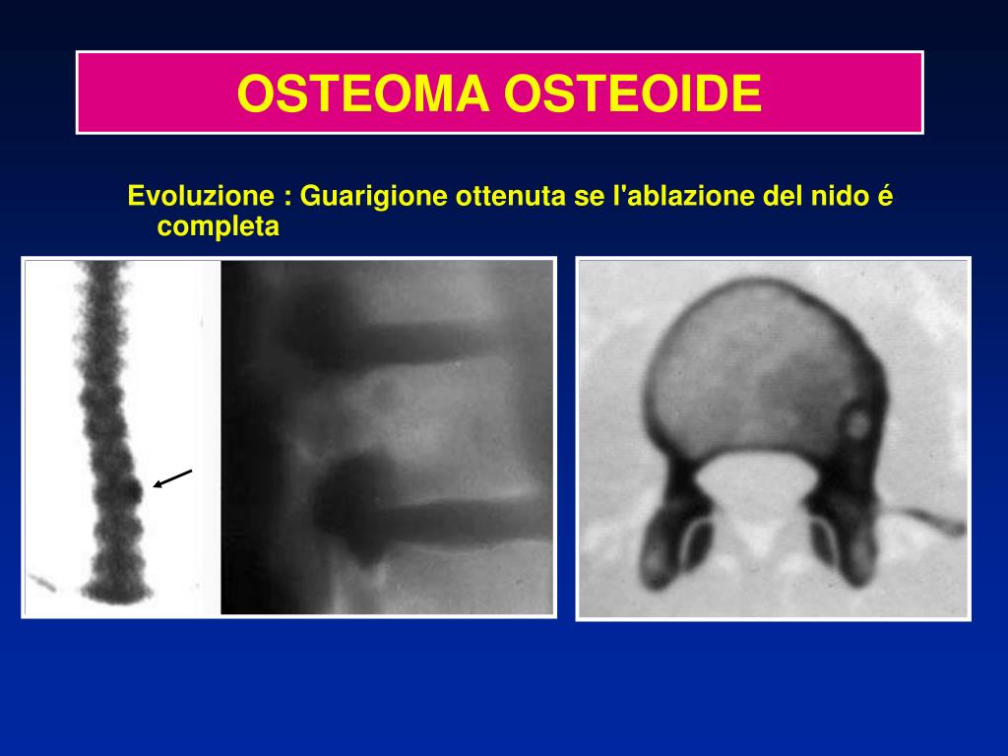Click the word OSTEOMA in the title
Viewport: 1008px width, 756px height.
coord(363,94)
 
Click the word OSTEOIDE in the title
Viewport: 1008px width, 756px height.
coord(633,94)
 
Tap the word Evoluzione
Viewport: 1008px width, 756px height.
coord(201,196)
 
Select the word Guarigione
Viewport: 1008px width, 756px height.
coord(373,197)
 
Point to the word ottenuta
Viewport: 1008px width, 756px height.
coord(512,196)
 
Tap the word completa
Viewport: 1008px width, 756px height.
coord(218,227)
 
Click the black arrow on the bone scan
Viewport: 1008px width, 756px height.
coord(172,478)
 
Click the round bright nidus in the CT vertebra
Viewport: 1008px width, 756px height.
coord(857,423)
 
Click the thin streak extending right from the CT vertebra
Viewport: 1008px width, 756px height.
coord(925,521)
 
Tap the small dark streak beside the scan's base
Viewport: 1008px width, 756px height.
coord(41,583)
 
